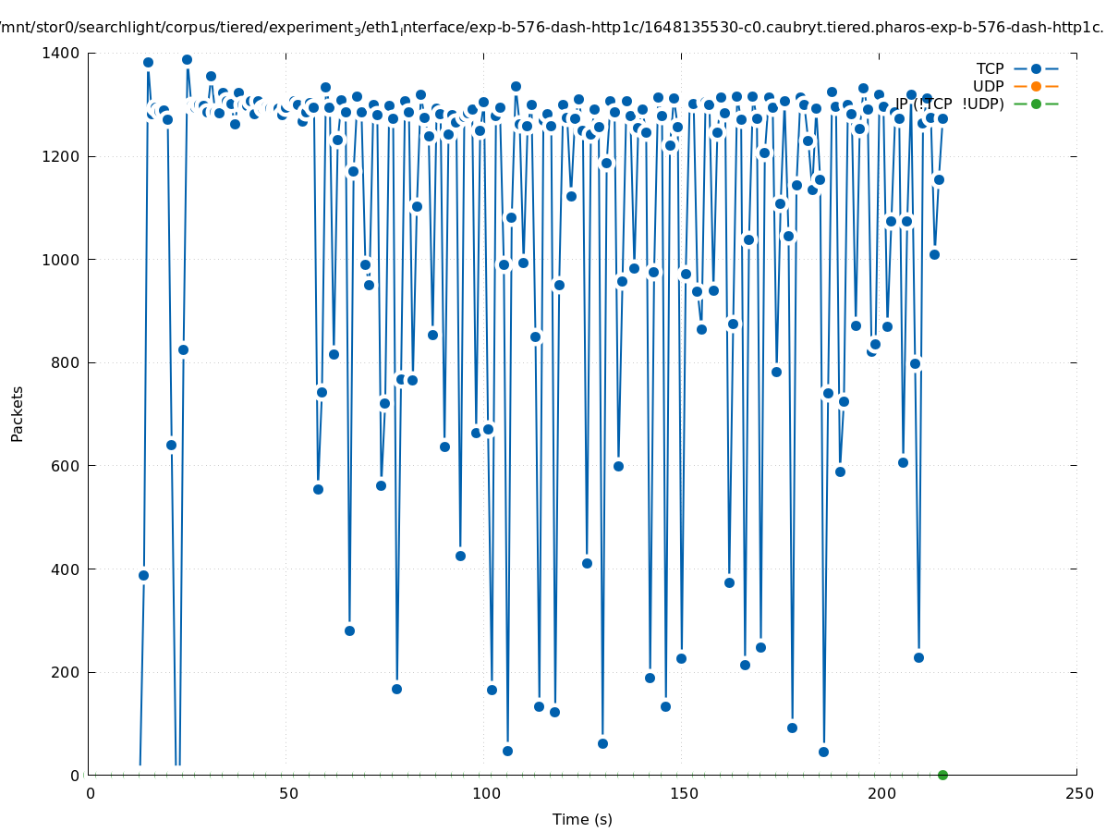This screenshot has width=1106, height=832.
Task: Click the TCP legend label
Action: (x=990, y=68)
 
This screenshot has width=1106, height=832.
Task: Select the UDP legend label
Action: (x=988, y=86)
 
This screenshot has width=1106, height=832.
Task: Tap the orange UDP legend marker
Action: (x=1036, y=86)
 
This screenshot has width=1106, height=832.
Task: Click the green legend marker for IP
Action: (x=1036, y=104)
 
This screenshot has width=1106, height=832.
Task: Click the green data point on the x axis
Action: (x=942, y=775)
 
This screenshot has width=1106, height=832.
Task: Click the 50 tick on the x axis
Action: (x=288, y=793)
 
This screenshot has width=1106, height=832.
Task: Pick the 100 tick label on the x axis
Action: (x=486, y=793)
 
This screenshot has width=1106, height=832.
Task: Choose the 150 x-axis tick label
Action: (x=684, y=793)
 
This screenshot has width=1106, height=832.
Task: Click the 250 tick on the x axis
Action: (x=1078, y=793)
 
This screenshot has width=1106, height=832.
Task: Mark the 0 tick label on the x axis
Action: (x=91, y=793)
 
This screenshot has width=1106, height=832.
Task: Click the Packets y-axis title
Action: (x=18, y=413)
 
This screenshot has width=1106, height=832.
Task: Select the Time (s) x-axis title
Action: (x=582, y=819)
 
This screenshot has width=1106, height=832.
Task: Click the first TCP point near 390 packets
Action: (x=143, y=575)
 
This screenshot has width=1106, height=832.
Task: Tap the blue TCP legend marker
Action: (x=1036, y=68)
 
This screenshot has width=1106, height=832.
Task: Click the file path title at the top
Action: (x=553, y=28)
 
